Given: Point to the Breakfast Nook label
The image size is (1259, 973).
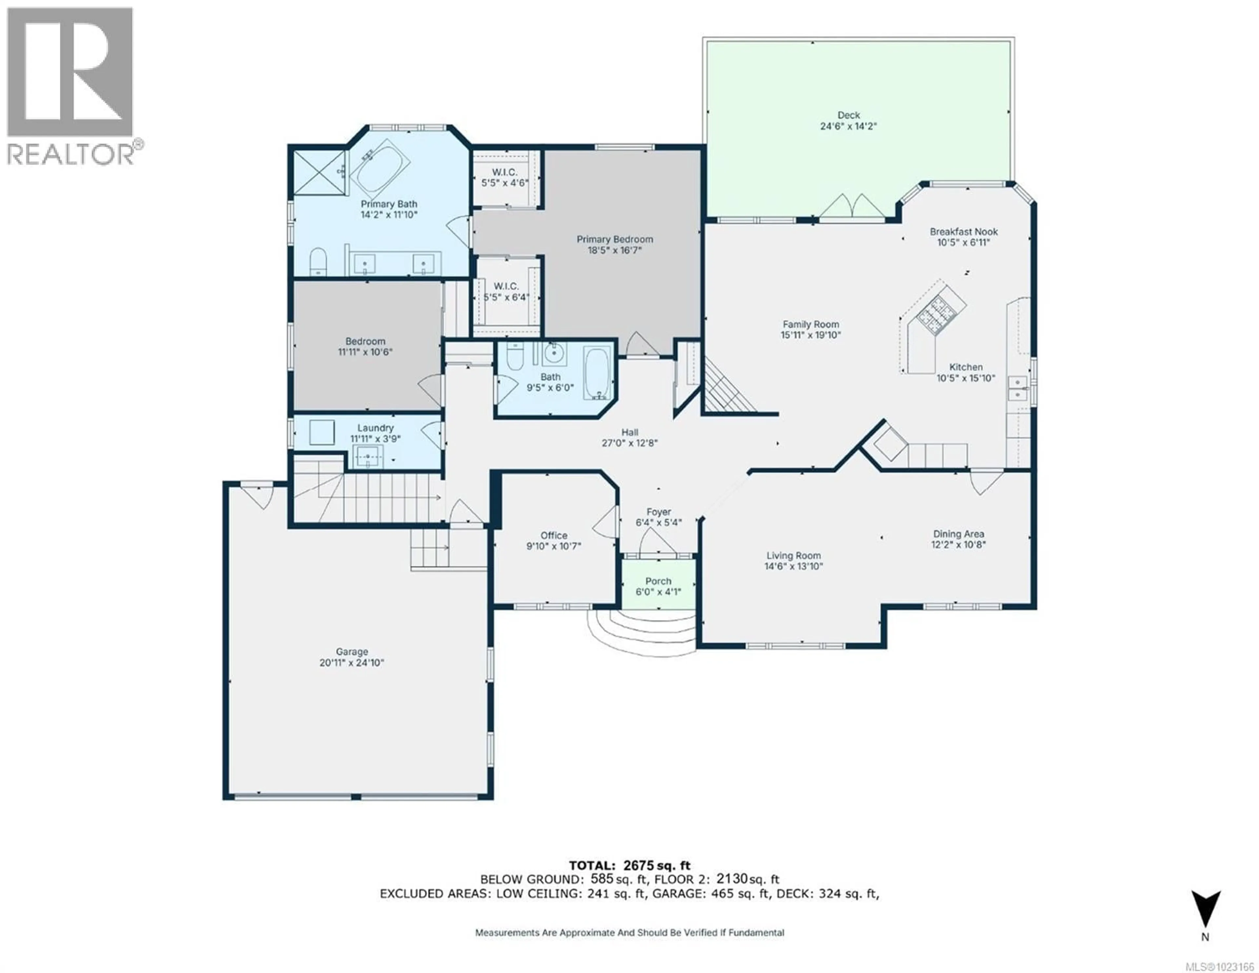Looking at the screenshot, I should tap(963, 232).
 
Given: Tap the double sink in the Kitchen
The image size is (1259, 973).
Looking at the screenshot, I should tap(1017, 388).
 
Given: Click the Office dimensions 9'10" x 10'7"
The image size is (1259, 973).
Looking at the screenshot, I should tap(553, 546).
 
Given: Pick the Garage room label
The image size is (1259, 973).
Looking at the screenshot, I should tap(352, 652).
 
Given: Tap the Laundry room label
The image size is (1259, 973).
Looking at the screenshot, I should tap(375, 428).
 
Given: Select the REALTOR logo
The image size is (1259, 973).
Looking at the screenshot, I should tap(71, 87).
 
